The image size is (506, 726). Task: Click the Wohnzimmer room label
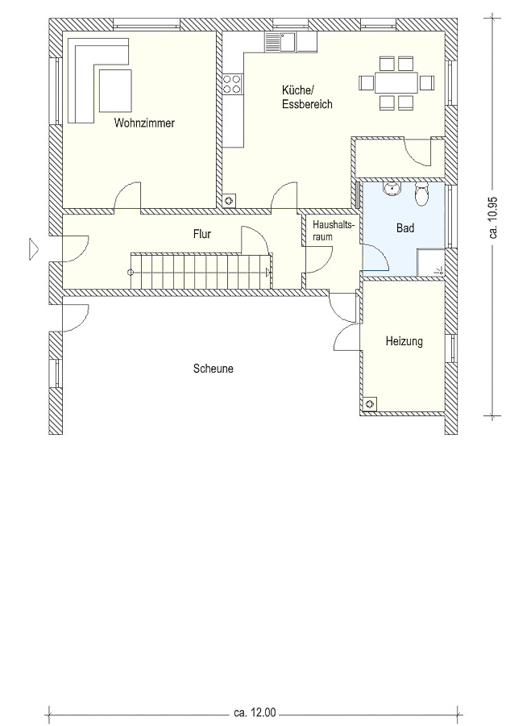(x=144, y=123)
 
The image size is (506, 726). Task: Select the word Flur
(x=202, y=234)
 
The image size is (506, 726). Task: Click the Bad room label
(x=405, y=227)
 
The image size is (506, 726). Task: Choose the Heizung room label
(x=404, y=341)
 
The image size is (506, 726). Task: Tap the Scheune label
(x=214, y=369)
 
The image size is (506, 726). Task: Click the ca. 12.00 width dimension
(x=255, y=711)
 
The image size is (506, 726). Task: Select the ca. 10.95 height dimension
(x=494, y=217)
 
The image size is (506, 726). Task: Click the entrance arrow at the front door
(x=34, y=248)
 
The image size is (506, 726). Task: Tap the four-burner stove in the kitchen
(x=232, y=84)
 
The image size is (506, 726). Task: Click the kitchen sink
(x=280, y=42)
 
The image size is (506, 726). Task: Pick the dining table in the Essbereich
(x=396, y=83)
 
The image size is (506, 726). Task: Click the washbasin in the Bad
(x=392, y=188)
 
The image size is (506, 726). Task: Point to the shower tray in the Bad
(x=430, y=262)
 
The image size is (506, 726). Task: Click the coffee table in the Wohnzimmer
(x=115, y=90)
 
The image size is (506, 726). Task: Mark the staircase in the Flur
(x=201, y=271)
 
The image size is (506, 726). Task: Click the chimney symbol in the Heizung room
(x=370, y=404)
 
